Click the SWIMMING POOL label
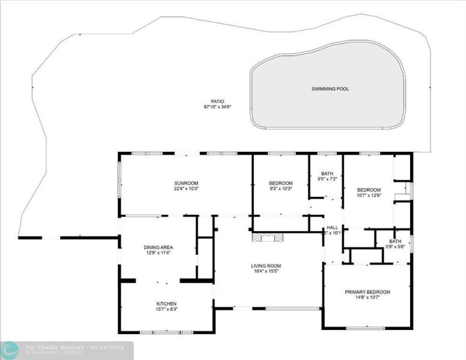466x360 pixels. pos(330,89)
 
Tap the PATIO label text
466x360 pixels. pos(217,101)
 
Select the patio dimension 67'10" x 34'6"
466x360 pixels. pos(217,107)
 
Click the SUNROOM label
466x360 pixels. pos(186,183)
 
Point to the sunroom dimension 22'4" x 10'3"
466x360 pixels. pos(186,189)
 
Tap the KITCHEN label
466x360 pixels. pos(166,304)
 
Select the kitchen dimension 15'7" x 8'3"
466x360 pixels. pos(166,310)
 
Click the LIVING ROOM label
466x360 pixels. pos(266,265)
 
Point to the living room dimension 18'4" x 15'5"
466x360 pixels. pos(266,271)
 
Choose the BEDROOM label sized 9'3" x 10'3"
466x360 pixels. pos(280,183)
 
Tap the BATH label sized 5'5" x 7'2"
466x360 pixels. pos(327,173)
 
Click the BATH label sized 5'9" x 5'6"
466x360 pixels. pos(395,241)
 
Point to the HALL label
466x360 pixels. pos(332,227)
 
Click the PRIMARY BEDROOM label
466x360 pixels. pos(367,292)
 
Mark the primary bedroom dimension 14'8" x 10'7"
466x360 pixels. pos(367,298)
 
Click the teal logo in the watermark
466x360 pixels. pos(9,350)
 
